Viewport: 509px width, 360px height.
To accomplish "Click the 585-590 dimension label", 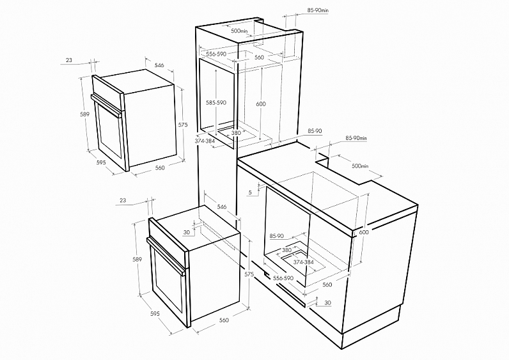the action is (216, 102).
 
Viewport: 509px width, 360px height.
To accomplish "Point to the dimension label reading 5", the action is (250, 192).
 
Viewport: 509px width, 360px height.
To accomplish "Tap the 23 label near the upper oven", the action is (69, 60).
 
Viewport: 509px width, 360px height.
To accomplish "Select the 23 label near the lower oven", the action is (123, 201).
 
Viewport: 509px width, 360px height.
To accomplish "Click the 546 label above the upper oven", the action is (159, 65).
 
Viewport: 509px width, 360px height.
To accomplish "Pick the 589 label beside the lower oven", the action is (137, 260).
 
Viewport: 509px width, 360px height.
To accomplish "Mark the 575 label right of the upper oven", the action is (183, 125).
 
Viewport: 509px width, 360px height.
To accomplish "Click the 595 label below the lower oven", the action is (155, 314).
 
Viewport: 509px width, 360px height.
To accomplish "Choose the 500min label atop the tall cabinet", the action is (240, 31).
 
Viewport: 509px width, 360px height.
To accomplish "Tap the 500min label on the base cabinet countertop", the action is (360, 166).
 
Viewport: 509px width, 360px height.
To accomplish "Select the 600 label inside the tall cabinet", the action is (261, 104).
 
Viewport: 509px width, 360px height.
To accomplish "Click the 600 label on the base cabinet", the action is (364, 232).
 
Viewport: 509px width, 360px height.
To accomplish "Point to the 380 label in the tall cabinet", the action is (236, 133).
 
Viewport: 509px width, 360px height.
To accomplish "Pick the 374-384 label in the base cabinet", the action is (304, 262).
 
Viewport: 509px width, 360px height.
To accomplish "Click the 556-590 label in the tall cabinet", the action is (216, 54).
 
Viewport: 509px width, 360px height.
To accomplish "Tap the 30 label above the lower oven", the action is (186, 232).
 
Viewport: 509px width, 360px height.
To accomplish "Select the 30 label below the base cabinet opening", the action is (328, 303).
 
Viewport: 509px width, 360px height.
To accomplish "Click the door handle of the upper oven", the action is (108, 104).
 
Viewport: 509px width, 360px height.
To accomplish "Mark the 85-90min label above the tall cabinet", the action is (318, 10).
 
